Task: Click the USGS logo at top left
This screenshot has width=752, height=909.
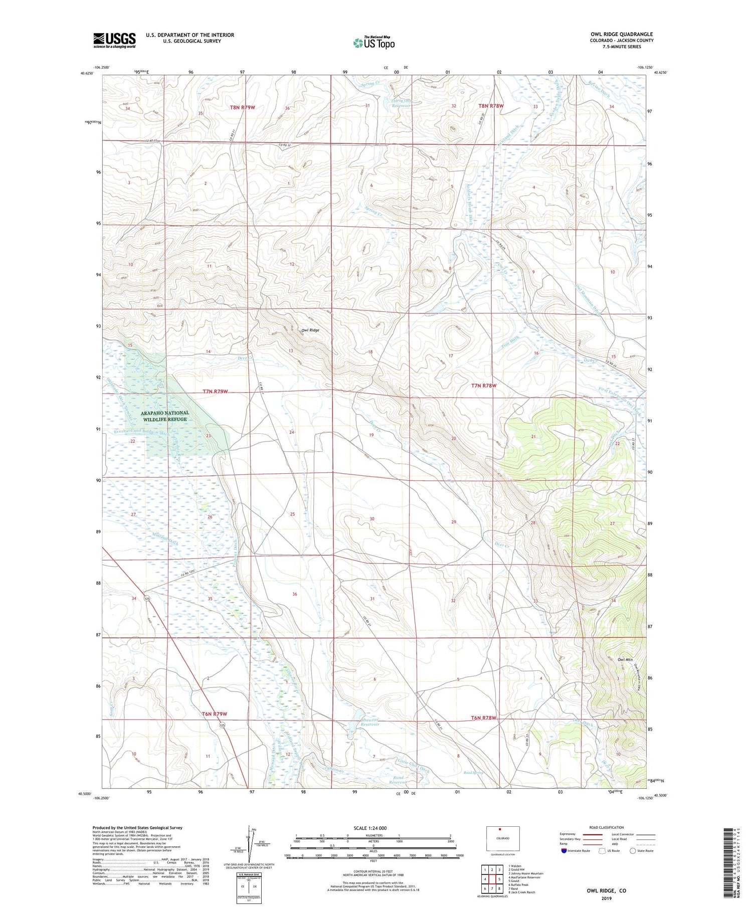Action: [114, 40]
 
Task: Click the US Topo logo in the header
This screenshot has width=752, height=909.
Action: [374, 43]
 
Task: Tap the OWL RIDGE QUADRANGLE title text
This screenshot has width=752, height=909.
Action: [622, 34]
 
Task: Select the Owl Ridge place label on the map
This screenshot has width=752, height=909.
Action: [310, 330]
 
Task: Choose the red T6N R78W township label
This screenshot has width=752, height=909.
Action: [483, 718]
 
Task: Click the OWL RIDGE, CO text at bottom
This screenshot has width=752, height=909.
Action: [607, 890]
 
